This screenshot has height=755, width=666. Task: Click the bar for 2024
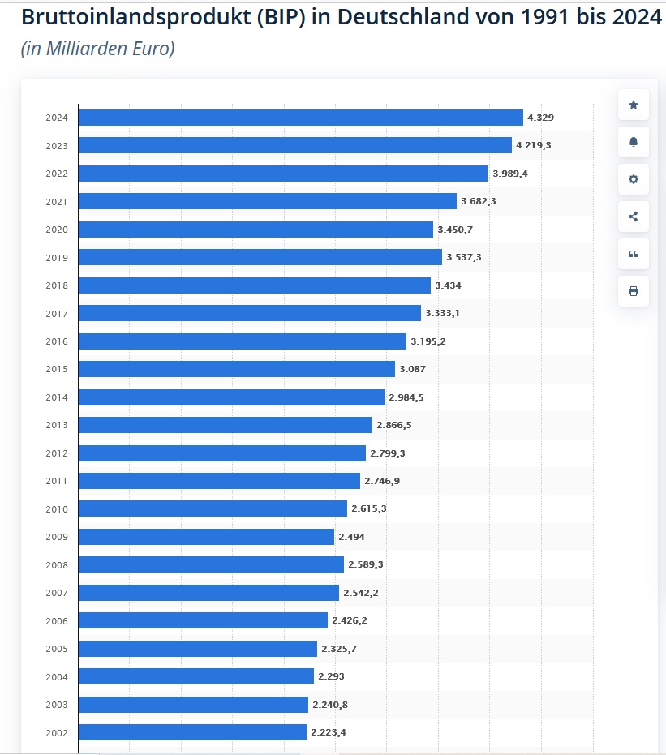(300, 118)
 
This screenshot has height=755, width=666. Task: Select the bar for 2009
(206, 537)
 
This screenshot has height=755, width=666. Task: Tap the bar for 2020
(256, 230)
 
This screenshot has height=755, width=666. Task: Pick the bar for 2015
(236, 369)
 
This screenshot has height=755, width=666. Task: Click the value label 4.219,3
(534, 146)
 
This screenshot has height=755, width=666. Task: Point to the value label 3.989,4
(510, 174)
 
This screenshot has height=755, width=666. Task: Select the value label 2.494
(351, 537)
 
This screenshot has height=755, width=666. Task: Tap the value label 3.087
(412, 369)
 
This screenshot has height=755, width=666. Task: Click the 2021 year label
(57, 202)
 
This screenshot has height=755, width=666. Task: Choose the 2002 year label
(57, 733)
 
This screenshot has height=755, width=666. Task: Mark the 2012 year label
(57, 453)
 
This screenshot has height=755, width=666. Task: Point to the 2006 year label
(57, 621)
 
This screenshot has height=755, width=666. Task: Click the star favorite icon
(634, 105)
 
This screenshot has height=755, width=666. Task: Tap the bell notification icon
(634, 142)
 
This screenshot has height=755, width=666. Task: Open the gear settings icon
(634, 179)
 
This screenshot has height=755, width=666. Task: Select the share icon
(634, 217)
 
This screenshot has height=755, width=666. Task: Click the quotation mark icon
(634, 254)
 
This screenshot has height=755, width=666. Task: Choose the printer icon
(634, 291)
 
